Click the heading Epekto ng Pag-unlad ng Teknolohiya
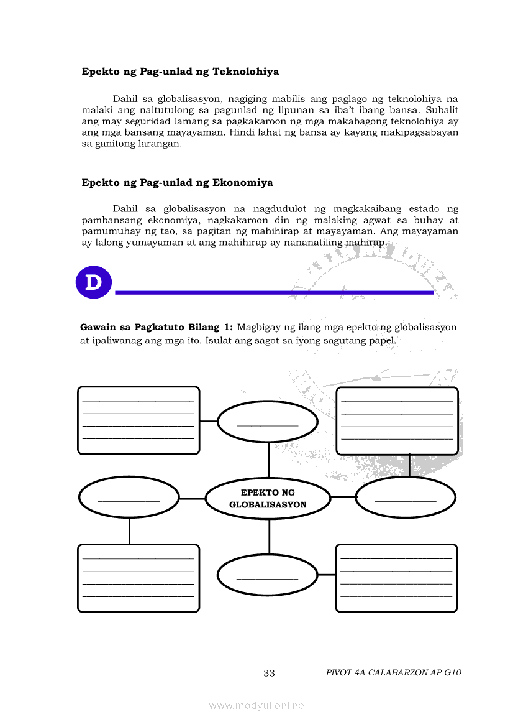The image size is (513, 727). click(180, 72)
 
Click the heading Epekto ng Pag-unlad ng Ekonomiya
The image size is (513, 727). click(177, 183)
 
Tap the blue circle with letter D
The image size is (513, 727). click(93, 282)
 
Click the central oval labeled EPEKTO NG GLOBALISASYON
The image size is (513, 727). click(268, 499)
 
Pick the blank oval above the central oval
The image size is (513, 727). click(268, 422)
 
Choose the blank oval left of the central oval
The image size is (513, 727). click(129, 498)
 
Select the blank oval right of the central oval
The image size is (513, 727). click(406, 498)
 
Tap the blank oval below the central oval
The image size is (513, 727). click(268, 575)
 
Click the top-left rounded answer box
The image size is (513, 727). click(138, 420)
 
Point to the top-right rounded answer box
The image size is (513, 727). click(397, 420)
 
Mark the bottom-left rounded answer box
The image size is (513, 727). click(138, 578)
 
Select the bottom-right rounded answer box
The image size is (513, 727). click(396, 578)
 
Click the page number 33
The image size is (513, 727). click(269, 673)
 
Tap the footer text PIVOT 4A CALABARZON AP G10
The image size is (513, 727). click(393, 672)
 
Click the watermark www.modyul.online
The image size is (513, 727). click(256, 705)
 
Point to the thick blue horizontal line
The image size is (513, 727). click(274, 292)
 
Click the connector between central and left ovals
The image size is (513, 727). click(192, 499)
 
